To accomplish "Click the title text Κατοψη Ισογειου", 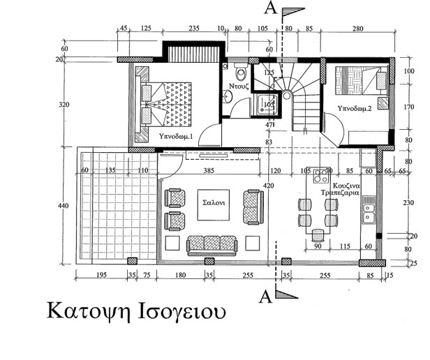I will [136, 310].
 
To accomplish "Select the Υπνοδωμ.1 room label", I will [175, 135].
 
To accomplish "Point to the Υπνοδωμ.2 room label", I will [353, 109].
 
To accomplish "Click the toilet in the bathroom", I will [241, 72].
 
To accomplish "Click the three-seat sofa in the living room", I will [212, 243].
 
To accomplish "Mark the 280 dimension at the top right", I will [359, 29].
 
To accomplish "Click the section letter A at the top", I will [269, 8].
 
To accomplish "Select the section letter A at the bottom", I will [265, 297].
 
